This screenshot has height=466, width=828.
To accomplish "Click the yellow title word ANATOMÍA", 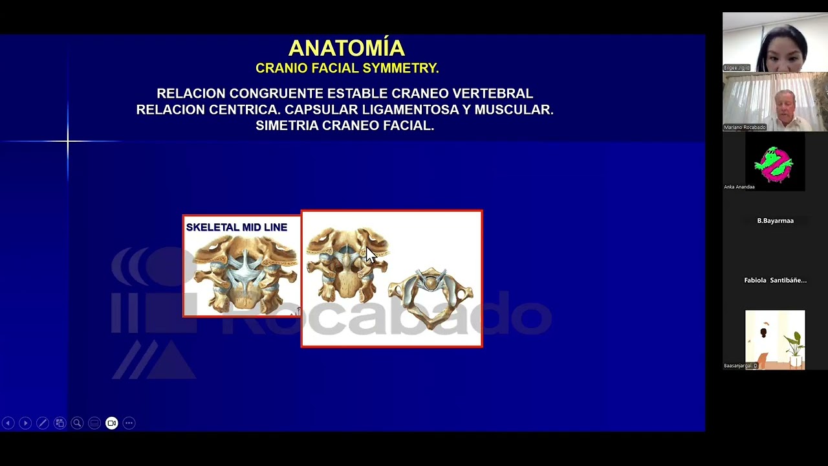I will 346,49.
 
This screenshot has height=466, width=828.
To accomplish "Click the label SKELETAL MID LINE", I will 236,227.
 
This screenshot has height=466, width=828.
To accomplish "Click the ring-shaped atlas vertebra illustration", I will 431,296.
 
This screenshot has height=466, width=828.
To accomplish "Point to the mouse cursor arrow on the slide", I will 370,254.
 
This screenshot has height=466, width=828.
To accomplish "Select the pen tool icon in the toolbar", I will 42,423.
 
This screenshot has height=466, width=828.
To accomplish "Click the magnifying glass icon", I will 77,423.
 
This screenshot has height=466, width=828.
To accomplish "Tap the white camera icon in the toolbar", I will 111,423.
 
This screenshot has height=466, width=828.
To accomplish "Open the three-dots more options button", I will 129,423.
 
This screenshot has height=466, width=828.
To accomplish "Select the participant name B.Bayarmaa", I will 775,221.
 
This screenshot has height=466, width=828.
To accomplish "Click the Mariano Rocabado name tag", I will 745,128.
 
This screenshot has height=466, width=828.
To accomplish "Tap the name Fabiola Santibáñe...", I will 775,280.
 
